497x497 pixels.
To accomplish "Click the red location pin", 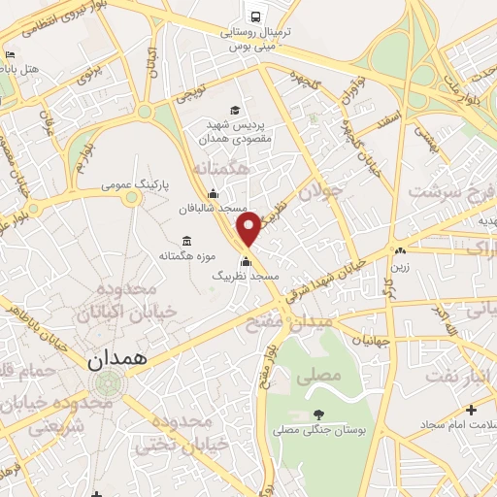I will point(248,229).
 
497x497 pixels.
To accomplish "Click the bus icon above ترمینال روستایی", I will point(254,17).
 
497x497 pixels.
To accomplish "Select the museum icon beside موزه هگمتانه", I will point(186,241).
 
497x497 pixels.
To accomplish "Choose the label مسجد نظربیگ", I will point(247,277).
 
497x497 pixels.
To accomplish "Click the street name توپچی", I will point(191,95).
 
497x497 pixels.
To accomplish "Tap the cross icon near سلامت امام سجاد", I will point(471,410).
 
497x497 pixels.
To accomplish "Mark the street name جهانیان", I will point(370,341).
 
